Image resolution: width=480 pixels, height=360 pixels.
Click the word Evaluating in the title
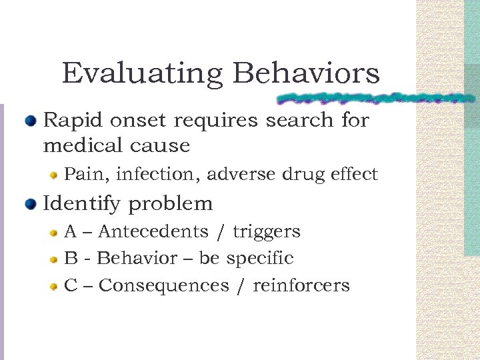tap(141, 73)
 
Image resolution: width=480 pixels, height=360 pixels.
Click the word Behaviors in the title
tap(306, 73)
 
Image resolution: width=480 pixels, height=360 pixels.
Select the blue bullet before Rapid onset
tap(31, 121)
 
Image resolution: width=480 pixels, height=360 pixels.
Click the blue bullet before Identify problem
tap(31, 204)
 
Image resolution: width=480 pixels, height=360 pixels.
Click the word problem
tap(170, 204)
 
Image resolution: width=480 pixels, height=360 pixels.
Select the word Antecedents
tap(153, 232)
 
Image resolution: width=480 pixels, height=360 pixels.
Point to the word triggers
tap(266, 232)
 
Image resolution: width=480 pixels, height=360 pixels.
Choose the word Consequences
tap(163, 286)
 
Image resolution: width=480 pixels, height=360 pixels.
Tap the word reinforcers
tap(301, 286)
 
